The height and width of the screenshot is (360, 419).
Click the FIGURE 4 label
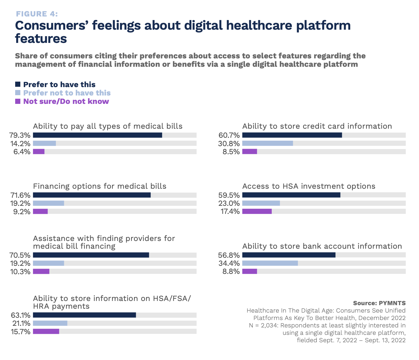[37, 14]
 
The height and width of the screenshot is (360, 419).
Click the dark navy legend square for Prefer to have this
[18, 85]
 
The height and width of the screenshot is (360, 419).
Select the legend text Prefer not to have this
[67, 93]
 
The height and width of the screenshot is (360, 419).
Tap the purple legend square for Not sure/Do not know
[18, 101]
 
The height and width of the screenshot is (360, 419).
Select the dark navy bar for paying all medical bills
[97, 135]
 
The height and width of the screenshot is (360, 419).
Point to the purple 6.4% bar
[39, 152]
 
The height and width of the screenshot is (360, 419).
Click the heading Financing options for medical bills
[100, 186]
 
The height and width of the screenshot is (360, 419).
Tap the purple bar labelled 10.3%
[41, 271]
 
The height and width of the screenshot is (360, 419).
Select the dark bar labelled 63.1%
[84, 315]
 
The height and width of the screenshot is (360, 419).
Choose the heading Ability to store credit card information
[317, 126]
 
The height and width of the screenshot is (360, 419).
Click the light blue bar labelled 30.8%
[267, 143]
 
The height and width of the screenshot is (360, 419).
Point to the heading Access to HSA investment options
[309, 186]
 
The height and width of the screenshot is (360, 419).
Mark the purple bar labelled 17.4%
[257, 211]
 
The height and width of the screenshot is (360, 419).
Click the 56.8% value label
[229, 255]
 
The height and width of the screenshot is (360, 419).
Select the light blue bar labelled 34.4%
[270, 263]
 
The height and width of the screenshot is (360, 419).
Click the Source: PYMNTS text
[379, 303]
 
